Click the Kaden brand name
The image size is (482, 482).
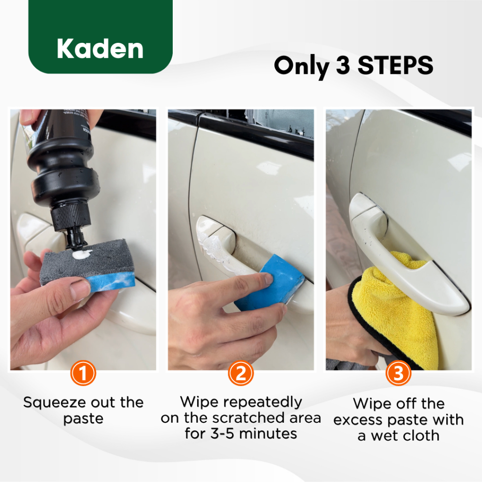point(100,48)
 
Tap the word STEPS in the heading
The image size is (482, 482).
point(395,65)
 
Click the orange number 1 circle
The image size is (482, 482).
point(83,373)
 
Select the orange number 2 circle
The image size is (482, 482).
point(241,373)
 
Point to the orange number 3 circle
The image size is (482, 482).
point(398,373)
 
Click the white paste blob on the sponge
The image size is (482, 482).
point(82,254)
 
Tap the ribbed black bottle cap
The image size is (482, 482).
point(71,216)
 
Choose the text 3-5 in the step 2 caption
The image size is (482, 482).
point(222,434)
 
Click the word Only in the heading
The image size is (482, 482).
point(302,66)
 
